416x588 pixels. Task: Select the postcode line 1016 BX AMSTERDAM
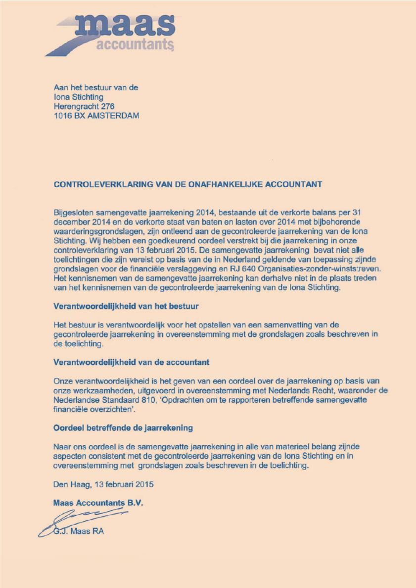click(96, 116)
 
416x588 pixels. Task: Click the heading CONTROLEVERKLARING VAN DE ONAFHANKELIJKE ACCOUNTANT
click(187, 184)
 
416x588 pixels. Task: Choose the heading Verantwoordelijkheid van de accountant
click(131, 362)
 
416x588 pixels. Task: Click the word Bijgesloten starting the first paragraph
click(73, 212)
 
